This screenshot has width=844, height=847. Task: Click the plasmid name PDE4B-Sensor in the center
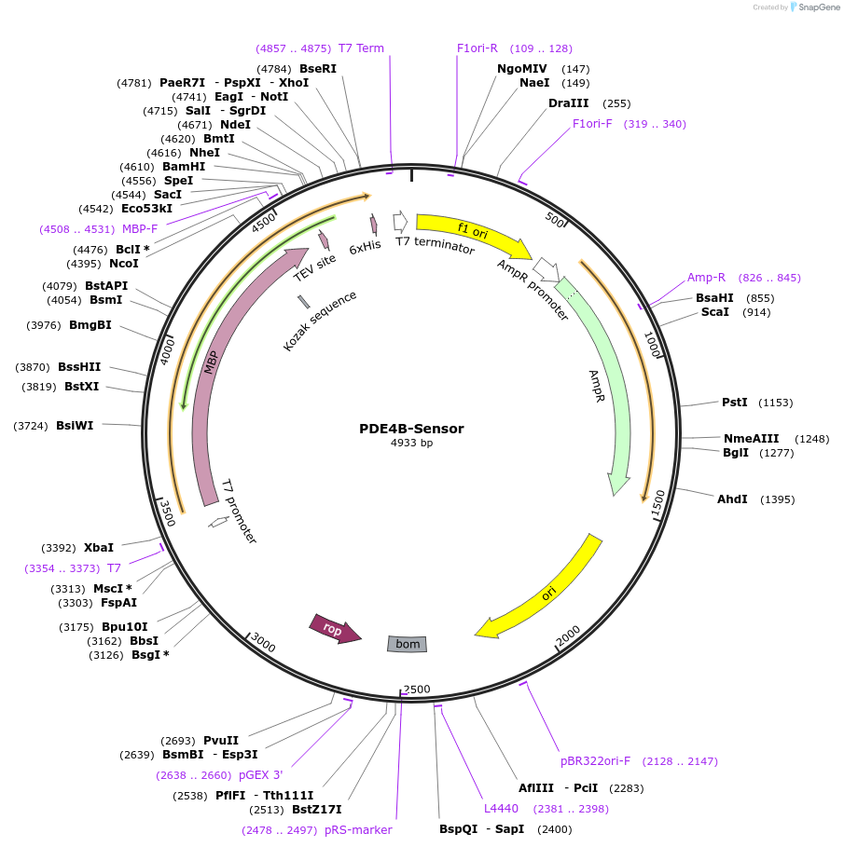click(x=411, y=429)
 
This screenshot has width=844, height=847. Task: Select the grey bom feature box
click(x=408, y=644)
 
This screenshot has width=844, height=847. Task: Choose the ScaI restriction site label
click(x=714, y=312)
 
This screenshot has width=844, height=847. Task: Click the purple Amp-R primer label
click(x=706, y=278)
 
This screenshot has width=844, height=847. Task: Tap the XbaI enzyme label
click(x=99, y=548)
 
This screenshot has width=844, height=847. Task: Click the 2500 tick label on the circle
click(x=417, y=689)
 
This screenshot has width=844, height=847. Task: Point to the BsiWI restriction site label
click(x=75, y=426)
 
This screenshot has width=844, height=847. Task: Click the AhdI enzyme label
click(x=732, y=499)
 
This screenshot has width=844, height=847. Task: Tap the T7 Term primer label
click(x=361, y=48)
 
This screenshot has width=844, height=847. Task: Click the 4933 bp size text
click(x=411, y=444)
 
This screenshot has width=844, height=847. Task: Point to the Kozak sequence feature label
click(x=320, y=321)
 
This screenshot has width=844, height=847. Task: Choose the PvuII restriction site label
click(x=220, y=741)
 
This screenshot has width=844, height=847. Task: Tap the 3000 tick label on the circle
click(x=264, y=642)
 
